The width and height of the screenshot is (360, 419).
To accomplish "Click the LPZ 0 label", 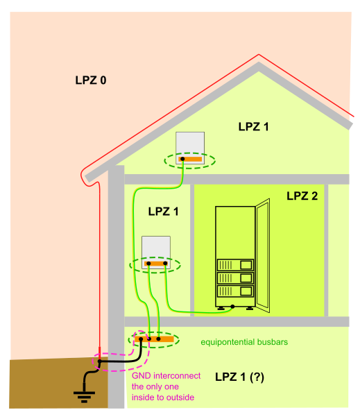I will [91, 80].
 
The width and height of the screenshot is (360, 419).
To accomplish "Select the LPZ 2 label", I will [302, 196].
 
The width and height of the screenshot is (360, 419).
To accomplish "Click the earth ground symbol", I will [84, 396].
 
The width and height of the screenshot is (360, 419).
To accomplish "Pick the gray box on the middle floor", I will [156, 248].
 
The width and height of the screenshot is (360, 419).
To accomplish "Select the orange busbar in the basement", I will [155, 339].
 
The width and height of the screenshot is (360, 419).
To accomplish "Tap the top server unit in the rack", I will [235, 265].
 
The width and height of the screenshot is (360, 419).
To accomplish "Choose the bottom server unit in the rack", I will [235, 293].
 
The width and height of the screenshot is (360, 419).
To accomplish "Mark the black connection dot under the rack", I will [233, 307].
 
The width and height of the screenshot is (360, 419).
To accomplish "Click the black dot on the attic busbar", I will [182, 160].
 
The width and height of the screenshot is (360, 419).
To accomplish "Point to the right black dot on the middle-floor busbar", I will [166, 264].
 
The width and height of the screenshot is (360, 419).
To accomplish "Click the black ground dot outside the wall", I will [100, 362].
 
